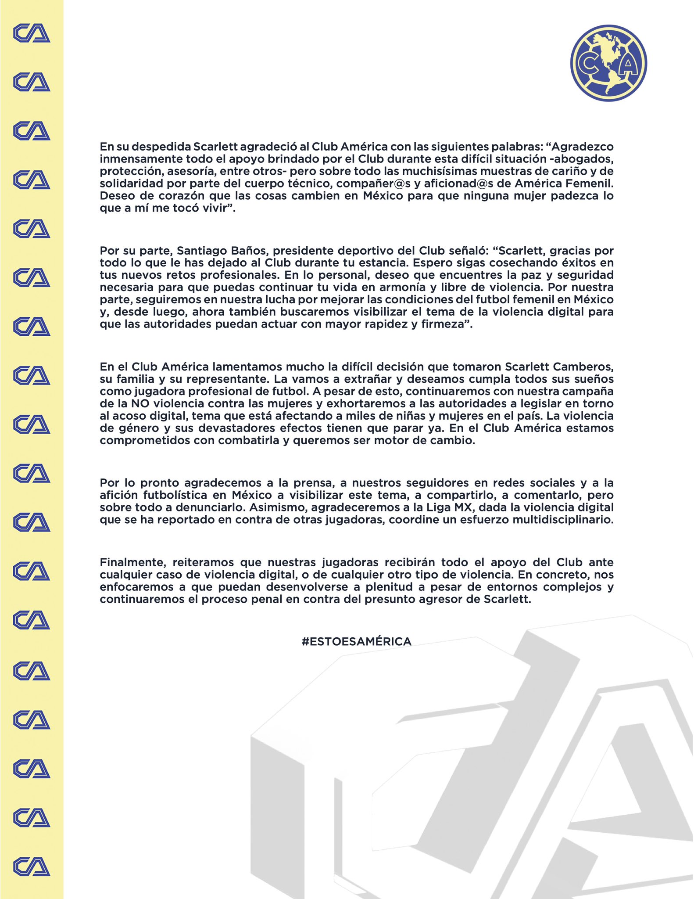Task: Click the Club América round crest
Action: tap(608, 63)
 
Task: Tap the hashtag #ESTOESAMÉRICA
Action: tap(356, 641)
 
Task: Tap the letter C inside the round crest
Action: tap(587, 65)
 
